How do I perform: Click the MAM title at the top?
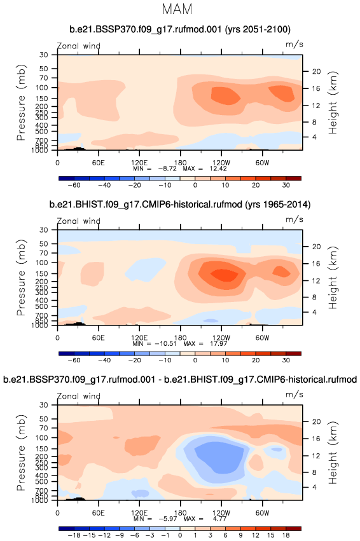pyautogui.click(x=177, y=9)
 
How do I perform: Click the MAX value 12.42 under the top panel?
pyautogui.click(x=218, y=168)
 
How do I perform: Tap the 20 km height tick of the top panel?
pyautogui.click(x=317, y=71)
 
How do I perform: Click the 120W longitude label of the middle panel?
pyautogui.click(x=221, y=338)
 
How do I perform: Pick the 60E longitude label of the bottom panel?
pyautogui.click(x=99, y=512)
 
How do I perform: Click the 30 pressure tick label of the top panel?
pyautogui.click(x=43, y=55)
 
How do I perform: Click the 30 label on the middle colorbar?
pyautogui.click(x=286, y=360)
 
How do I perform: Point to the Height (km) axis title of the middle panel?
pyautogui.click(x=333, y=278)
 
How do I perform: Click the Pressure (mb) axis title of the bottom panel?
pyautogui.click(x=21, y=453)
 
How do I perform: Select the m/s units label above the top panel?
pyautogui.click(x=294, y=45)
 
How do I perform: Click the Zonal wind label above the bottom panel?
pyautogui.click(x=79, y=396)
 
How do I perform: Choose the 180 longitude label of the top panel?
pyautogui.click(x=180, y=163)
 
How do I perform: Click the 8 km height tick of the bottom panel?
pyautogui.click(x=314, y=472)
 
